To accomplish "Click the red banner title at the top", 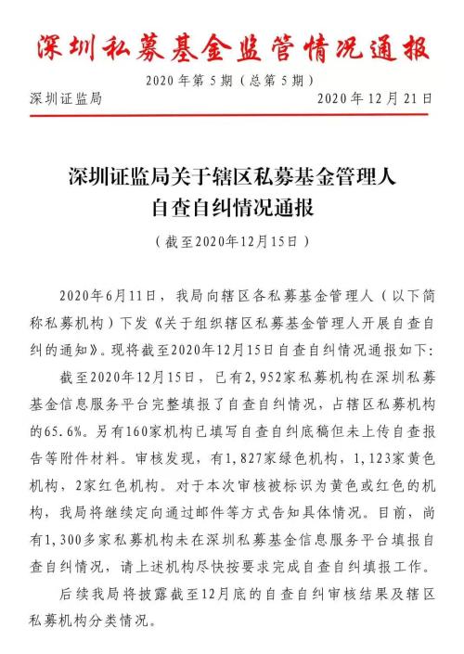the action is (232, 45).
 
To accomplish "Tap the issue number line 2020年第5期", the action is (199, 80).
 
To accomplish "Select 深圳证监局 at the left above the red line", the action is (65, 99).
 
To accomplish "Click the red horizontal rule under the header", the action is (232, 111).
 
